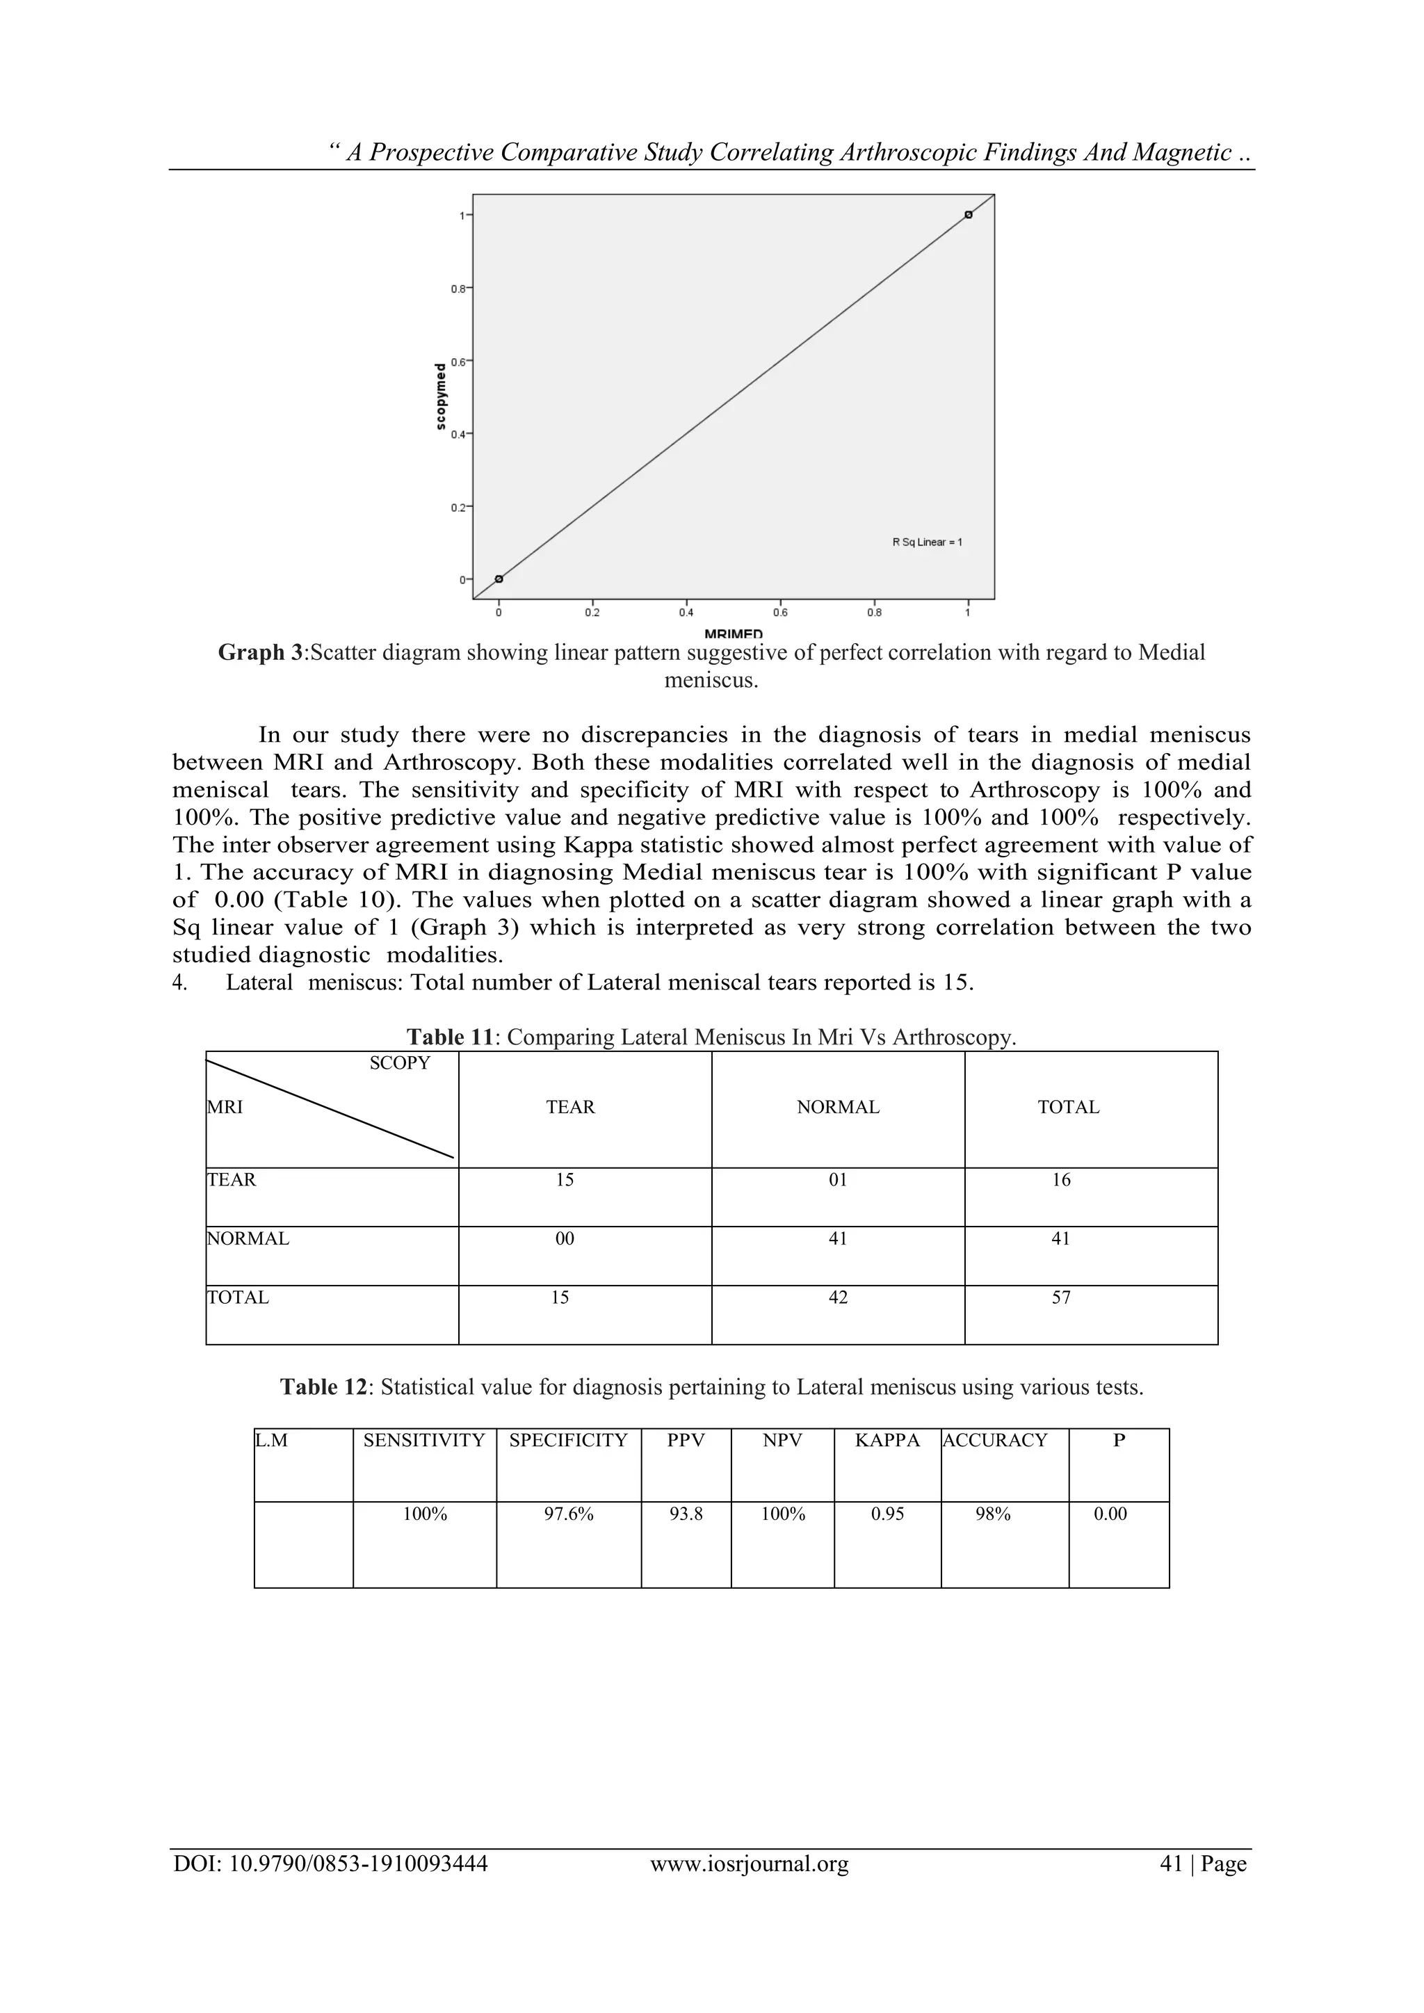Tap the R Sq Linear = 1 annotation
927,542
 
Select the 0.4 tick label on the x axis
686,613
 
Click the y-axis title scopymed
440,396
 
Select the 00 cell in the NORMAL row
565,1239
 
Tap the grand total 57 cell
1061,1297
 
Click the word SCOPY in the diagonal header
400,1063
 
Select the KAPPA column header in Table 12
887,1441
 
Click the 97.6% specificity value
568,1514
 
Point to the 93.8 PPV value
686,1514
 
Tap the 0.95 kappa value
887,1514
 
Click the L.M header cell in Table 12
272,1441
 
